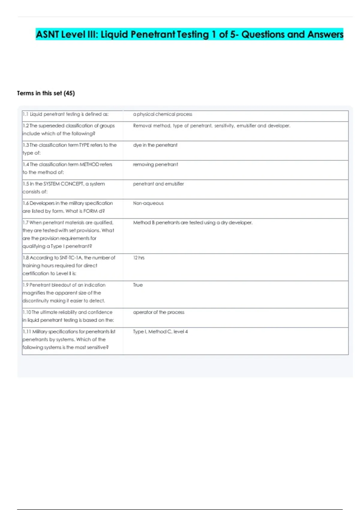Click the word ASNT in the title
[48, 34]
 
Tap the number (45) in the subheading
[69, 93]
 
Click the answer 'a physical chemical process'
[162, 114]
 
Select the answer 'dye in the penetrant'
[155, 145]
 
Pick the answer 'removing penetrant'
[155, 164]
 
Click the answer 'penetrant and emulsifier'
[158, 184]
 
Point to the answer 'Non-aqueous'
[148, 203]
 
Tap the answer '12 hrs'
[139, 258]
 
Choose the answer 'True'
[138, 285]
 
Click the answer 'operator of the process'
[159, 312]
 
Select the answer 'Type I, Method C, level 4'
[160, 332]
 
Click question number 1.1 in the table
[25, 114]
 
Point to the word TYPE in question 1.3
[84, 145]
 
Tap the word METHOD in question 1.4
[89, 164]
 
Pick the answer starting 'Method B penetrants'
[193, 223]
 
